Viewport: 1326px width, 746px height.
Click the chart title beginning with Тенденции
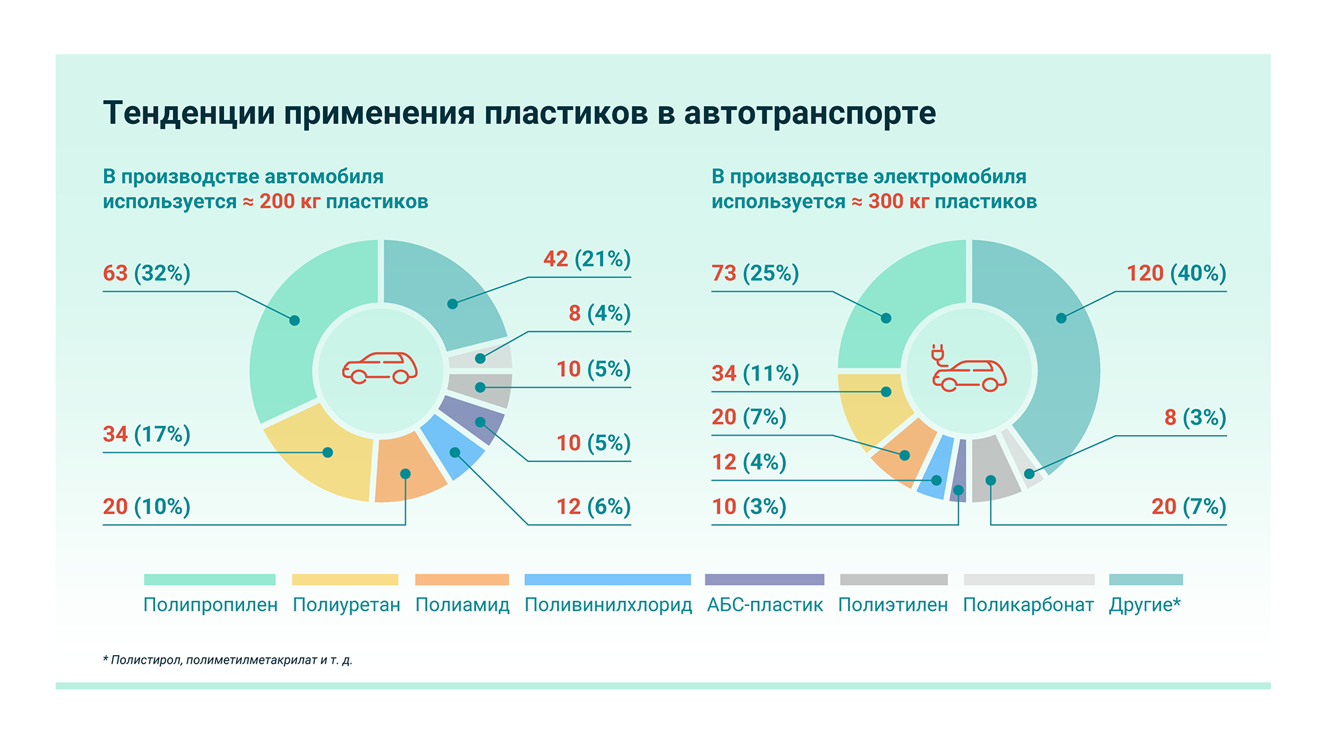coord(519,113)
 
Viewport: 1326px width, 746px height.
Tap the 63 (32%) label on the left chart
coord(147,273)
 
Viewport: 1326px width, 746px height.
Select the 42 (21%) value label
coord(587,259)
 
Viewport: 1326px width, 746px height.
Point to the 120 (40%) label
coord(1176,273)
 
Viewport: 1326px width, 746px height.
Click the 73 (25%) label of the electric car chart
coord(755,273)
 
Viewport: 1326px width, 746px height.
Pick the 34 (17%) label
coord(147,434)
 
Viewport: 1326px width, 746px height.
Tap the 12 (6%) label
coord(593,507)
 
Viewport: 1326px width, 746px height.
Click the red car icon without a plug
coord(380,368)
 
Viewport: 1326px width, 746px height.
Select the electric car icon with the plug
coord(969,369)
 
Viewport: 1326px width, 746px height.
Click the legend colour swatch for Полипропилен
coord(210,580)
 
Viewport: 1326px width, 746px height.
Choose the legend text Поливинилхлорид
coord(608,605)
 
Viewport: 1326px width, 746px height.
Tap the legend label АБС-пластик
coord(765,605)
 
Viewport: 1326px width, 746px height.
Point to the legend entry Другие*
coord(1144,605)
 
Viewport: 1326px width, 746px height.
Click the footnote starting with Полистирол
coord(228,660)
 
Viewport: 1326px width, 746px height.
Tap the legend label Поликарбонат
coord(1028,605)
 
